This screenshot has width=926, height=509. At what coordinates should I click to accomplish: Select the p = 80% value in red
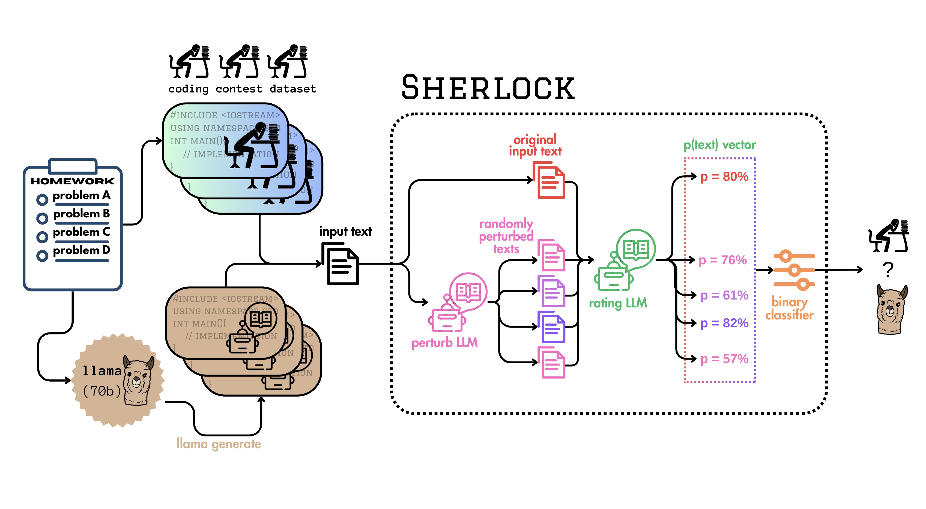click(x=724, y=176)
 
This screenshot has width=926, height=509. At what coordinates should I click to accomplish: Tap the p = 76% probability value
click(x=722, y=260)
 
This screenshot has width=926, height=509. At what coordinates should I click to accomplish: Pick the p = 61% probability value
click(x=724, y=295)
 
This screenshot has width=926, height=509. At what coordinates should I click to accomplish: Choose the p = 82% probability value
click(x=724, y=323)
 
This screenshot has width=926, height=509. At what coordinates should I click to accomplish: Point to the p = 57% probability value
click(x=724, y=359)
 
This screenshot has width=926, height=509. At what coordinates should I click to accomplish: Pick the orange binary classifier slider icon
click(x=794, y=270)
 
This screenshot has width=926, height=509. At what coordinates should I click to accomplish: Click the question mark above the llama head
click(x=888, y=270)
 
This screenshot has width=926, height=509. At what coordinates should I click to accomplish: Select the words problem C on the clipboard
click(x=81, y=232)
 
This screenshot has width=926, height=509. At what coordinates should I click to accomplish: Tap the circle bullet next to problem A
click(x=42, y=200)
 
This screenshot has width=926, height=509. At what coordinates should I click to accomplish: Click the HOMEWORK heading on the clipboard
click(x=72, y=181)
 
